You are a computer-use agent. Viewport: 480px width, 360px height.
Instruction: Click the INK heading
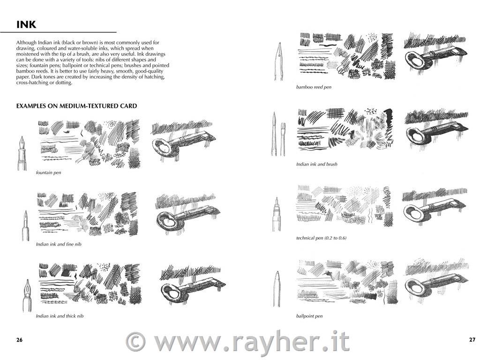point(26,24)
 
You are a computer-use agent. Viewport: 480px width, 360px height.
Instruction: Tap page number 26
point(19,339)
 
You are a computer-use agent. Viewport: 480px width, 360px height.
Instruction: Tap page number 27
point(472,339)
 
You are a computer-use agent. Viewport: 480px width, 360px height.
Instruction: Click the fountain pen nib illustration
point(22,153)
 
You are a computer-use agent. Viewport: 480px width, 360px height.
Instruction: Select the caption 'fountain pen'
point(48,172)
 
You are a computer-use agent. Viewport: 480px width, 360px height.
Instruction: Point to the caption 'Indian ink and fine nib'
point(59,244)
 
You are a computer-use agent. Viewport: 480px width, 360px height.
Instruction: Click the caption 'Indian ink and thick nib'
point(60,316)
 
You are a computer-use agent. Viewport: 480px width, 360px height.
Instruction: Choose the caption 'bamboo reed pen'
point(314,87)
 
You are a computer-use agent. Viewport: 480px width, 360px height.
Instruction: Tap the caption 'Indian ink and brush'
point(316,164)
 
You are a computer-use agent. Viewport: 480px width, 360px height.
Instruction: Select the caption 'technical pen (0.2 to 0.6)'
point(321,238)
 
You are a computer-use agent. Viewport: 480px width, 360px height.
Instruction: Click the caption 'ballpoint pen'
point(309,316)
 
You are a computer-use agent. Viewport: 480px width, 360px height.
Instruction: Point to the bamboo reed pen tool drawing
point(279,61)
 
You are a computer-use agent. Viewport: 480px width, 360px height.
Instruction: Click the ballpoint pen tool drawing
point(277,289)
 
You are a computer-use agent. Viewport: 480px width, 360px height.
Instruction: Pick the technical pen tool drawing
point(277,214)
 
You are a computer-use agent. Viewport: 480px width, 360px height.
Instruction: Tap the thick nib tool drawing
point(27,295)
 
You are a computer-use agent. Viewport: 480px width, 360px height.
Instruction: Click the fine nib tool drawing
point(25,225)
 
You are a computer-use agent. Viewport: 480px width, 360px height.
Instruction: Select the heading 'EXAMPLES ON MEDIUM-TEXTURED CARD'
point(76,106)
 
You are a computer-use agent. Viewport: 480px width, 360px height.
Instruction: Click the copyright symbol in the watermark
point(136,342)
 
